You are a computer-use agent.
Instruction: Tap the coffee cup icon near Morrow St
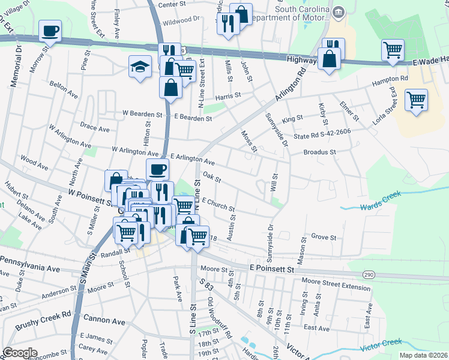(x=50, y=30)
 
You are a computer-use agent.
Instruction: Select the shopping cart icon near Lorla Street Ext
(x=415, y=99)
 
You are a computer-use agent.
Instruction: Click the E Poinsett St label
(x=273, y=269)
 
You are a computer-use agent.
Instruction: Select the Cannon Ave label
(x=104, y=322)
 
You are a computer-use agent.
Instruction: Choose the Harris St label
(x=228, y=95)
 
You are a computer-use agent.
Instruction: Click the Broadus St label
(x=319, y=152)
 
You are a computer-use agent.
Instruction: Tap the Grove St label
(x=324, y=237)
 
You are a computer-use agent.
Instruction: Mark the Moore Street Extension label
(x=336, y=287)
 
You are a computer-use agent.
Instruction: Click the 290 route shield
(x=369, y=274)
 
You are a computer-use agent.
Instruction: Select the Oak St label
(x=212, y=178)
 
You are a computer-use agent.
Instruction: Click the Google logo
(x=20, y=353)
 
